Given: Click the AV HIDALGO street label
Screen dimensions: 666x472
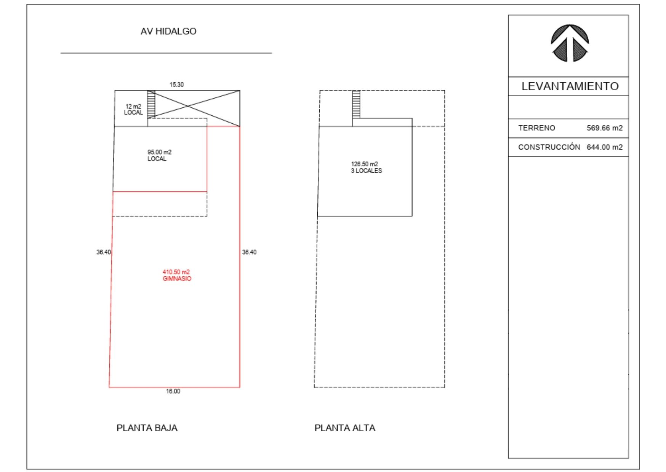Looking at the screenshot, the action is point(168,32).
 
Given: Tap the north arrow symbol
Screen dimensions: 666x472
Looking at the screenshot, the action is point(570,43).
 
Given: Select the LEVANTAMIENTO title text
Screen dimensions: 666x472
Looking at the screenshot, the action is point(570,86).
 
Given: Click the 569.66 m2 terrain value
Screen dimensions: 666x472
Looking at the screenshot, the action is point(605,128).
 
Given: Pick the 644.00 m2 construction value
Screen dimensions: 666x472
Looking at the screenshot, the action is point(605,147).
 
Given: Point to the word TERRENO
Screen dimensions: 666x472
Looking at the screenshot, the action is point(536,128).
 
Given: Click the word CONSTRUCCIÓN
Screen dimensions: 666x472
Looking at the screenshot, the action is point(549,147).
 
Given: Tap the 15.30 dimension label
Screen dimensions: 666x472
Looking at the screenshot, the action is point(176,85).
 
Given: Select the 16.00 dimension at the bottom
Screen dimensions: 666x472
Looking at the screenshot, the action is point(173,391).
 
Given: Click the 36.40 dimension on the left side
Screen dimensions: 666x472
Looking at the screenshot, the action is point(104,252).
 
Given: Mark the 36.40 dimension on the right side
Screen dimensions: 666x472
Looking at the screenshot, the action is point(249,252).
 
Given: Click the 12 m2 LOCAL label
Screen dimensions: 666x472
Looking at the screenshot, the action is point(133,110).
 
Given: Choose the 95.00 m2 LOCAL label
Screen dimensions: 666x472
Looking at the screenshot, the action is point(159,156).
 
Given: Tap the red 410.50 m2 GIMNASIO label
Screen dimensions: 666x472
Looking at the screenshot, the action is point(177,275).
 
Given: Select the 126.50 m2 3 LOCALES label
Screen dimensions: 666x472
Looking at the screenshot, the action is point(366,167).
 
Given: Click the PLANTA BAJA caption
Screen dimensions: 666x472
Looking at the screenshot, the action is point(147,428).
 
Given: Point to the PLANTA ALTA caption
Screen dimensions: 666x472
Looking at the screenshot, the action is point(345,428).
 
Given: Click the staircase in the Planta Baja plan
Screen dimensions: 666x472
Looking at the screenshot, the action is point(151,104).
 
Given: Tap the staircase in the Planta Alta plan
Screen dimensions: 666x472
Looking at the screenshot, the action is point(356,104).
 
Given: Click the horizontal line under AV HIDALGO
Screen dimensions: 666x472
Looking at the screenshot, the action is point(166,53).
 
